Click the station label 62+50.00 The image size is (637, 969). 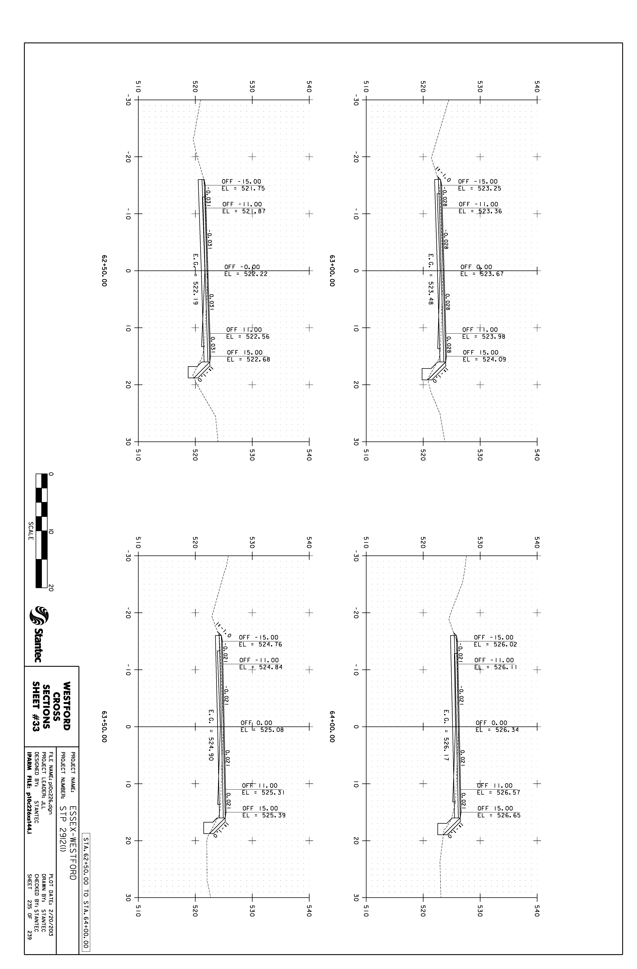(104, 271)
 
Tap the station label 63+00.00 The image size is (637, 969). (332, 271)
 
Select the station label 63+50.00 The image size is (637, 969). (104, 727)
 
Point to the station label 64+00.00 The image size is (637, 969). (332, 727)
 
